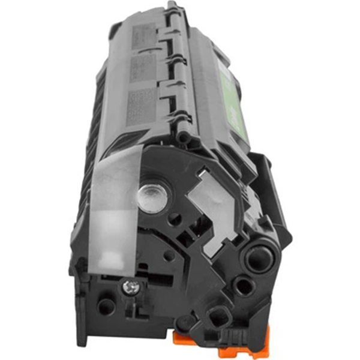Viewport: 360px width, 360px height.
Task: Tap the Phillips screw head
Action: (x=130, y=288)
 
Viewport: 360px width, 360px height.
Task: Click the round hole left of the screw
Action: (x=106, y=306)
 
